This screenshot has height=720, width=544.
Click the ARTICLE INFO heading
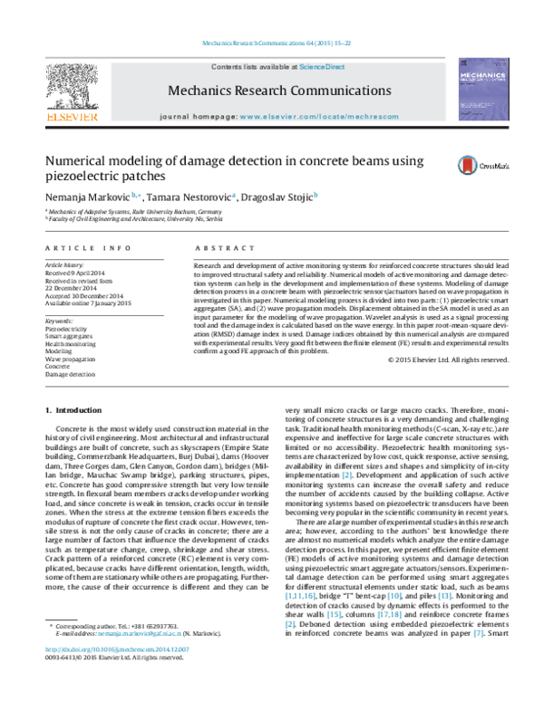click(83, 247)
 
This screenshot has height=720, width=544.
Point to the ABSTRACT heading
click(215, 247)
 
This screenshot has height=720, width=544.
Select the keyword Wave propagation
click(73, 358)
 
